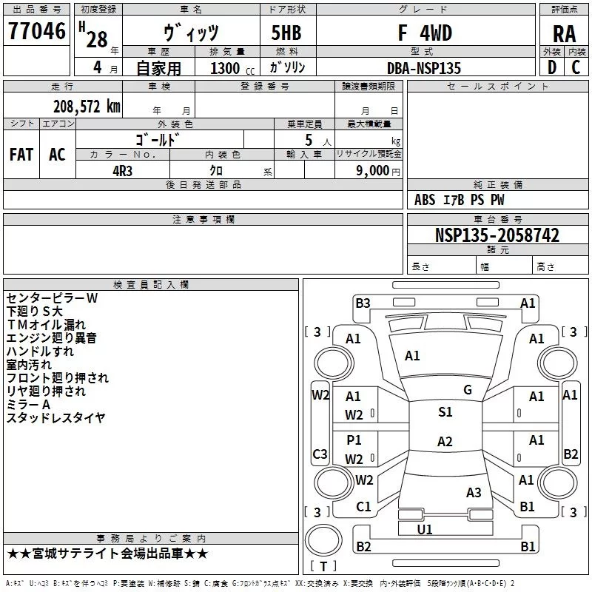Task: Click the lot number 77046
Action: (x=37, y=30)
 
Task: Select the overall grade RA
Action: (x=565, y=34)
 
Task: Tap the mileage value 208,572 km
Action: (x=87, y=107)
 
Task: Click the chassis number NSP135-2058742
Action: (x=497, y=235)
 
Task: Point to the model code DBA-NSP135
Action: (x=424, y=68)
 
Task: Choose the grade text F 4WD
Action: (x=425, y=33)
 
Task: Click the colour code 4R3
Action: (x=122, y=171)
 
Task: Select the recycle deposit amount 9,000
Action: (x=373, y=170)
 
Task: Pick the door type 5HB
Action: (x=286, y=33)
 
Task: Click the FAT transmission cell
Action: (x=21, y=155)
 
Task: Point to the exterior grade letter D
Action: (x=552, y=67)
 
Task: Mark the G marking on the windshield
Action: (x=468, y=390)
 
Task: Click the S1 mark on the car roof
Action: (x=445, y=412)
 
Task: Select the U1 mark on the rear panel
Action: (x=425, y=529)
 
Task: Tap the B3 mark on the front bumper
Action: (x=363, y=303)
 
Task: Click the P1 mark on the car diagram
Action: (x=354, y=440)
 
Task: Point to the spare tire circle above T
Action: (x=323, y=540)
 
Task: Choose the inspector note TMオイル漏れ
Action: (x=46, y=325)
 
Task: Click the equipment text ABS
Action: (x=425, y=200)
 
